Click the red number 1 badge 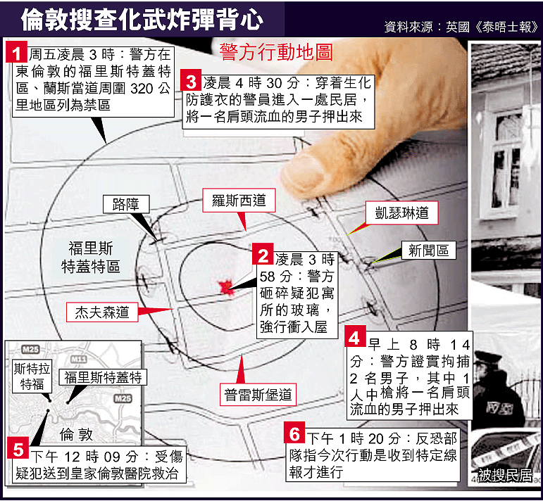17,52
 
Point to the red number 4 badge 355,336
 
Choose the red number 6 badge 294,433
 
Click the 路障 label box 126,204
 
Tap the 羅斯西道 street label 239,201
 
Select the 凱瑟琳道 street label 401,213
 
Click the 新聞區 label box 428,250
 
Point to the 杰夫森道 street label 102,312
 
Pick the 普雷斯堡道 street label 258,395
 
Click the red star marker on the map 226,288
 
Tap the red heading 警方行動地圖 276,53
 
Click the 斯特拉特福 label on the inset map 32,376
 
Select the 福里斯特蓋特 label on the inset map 103,377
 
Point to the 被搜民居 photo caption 505,476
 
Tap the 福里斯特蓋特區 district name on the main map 91,258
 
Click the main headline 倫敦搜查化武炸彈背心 142,20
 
